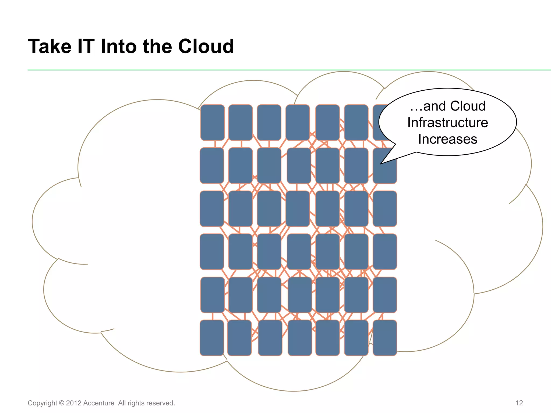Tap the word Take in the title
click(x=50, y=47)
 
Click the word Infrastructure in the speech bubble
click(x=447, y=123)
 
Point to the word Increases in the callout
click(x=447, y=139)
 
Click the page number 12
click(x=519, y=403)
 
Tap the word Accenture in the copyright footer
click(x=99, y=403)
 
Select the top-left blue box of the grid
click(x=213, y=123)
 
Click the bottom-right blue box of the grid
click(x=385, y=338)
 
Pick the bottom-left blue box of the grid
click(x=212, y=338)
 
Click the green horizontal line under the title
click(x=269, y=70)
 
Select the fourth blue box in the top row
click(x=298, y=123)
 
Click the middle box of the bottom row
click(x=300, y=338)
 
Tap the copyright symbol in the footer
click(x=62, y=403)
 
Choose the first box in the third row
click(x=212, y=209)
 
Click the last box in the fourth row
click(x=385, y=252)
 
